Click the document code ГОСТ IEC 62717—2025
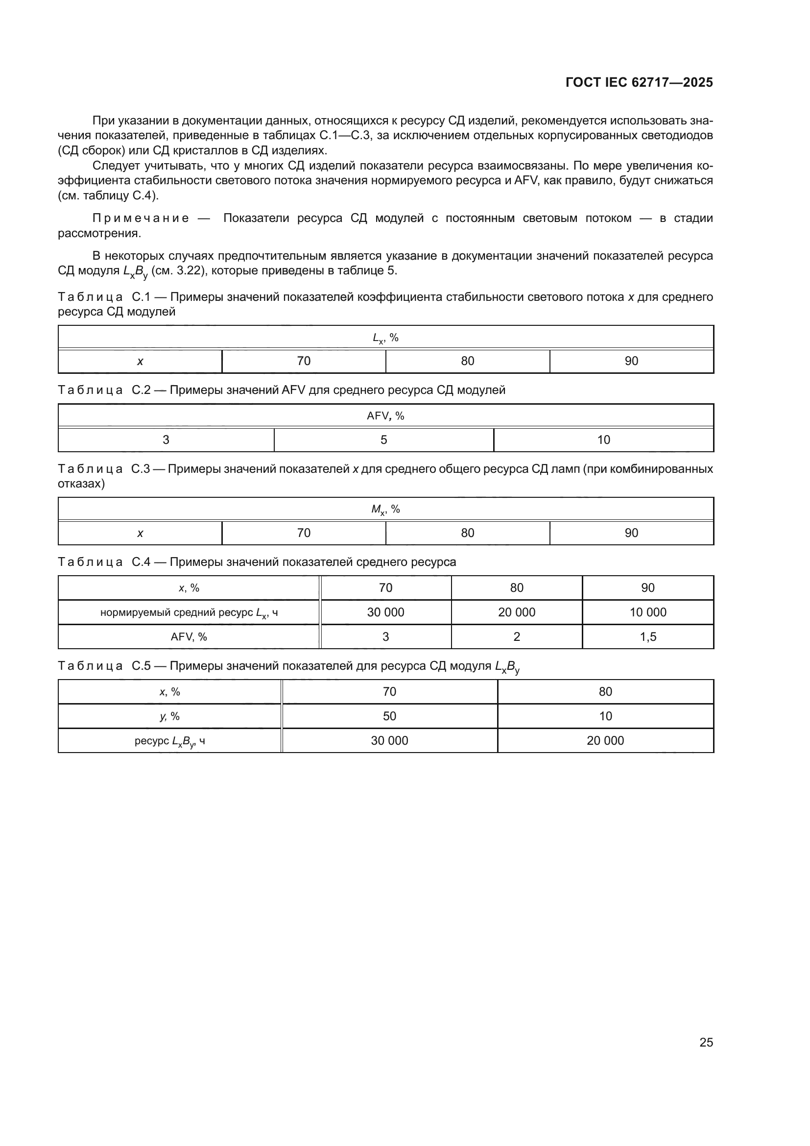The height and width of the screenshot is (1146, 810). click(x=639, y=82)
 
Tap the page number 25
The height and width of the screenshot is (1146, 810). click(x=706, y=1042)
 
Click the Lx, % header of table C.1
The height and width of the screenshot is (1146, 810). click(x=385, y=338)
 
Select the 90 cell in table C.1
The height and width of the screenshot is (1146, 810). click(x=631, y=361)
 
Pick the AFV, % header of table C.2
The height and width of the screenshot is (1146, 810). click(x=385, y=416)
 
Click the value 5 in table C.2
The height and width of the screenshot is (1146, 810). click(x=383, y=439)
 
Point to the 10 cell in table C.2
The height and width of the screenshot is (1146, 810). click(x=603, y=439)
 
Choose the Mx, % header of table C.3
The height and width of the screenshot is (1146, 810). click(x=385, y=510)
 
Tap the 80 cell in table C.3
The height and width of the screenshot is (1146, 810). click(x=467, y=533)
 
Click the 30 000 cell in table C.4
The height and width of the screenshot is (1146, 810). click(x=385, y=612)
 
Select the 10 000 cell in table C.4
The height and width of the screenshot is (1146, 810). click(x=648, y=612)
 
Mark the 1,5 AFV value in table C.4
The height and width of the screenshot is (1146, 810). click(x=648, y=636)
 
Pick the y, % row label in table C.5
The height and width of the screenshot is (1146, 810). click(x=169, y=716)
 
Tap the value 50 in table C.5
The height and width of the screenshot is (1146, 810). click(x=389, y=716)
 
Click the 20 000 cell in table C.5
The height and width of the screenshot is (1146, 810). click(x=605, y=741)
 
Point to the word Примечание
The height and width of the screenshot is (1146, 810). click(x=141, y=218)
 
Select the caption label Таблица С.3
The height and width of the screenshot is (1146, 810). click(x=104, y=469)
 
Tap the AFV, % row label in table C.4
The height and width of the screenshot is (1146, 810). click(x=189, y=637)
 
